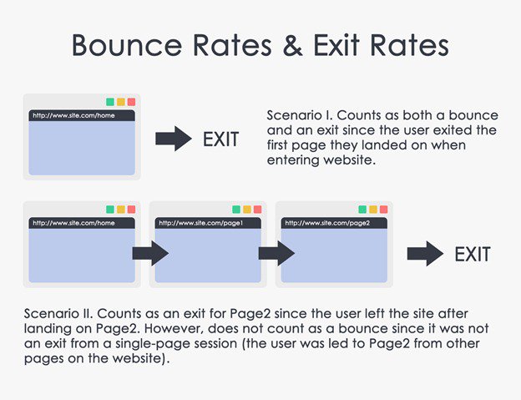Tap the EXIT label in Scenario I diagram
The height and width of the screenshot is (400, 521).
pos(220,139)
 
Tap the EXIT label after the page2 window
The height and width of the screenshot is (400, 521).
pos(473,254)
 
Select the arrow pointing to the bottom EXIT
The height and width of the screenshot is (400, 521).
pos(424,254)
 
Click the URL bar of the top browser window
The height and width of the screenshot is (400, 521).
pos(81,115)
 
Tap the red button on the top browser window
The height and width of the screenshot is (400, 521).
pos(131,102)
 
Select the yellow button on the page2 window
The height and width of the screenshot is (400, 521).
pos(372,210)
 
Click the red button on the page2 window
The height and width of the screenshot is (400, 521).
pos(382,210)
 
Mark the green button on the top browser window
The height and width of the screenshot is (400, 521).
pos(110,102)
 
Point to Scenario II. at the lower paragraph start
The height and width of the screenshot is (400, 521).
pos(55,312)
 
